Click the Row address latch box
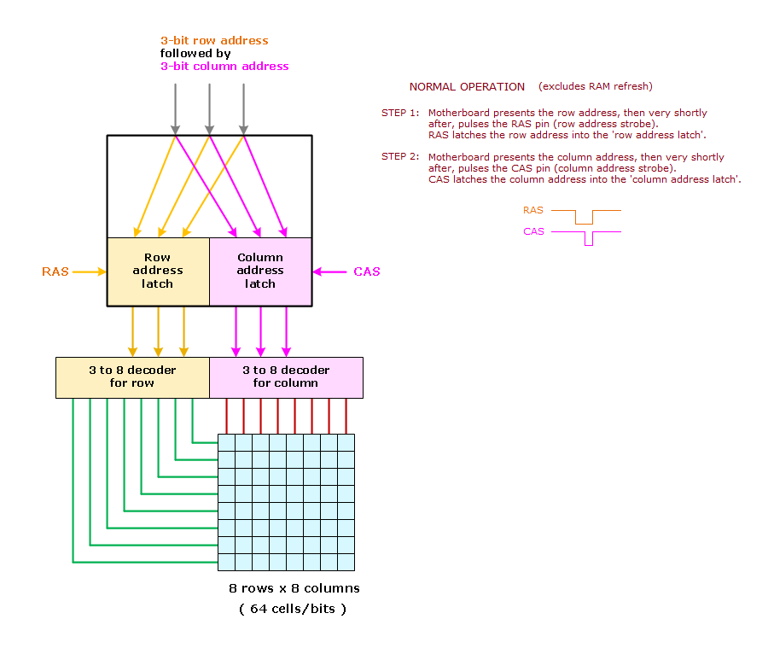(x=158, y=271)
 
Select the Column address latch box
(x=260, y=271)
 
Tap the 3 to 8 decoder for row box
(x=132, y=377)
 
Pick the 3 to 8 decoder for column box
(x=286, y=377)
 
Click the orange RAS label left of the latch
(x=55, y=272)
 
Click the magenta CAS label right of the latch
(x=367, y=272)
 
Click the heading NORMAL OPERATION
(x=467, y=87)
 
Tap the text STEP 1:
(x=400, y=113)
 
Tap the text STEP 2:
(x=400, y=157)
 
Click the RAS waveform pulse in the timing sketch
(x=584, y=216)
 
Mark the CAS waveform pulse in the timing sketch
(x=588, y=237)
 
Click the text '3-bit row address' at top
(x=214, y=40)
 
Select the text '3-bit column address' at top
(x=224, y=66)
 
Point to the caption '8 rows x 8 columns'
(x=294, y=588)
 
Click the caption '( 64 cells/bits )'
(x=292, y=609)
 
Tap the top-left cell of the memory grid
(x=227, y=442)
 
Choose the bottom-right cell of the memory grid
(x=346, y=562)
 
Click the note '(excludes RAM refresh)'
(x=595, y=87)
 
